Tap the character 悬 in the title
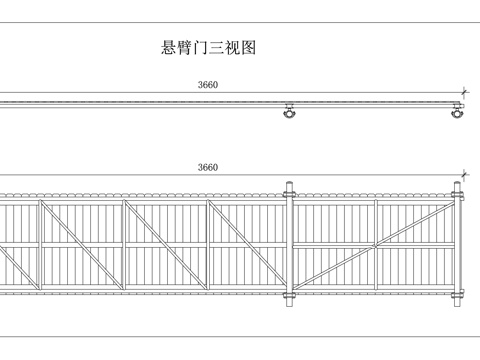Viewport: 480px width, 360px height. (x=169, y=48)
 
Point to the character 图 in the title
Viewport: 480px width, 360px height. (x=247, y=48)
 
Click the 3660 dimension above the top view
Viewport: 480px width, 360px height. (x=208, y=85)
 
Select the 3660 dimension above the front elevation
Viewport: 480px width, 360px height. (x=208, y=167)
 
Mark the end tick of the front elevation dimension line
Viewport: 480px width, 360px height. (x=464, y=176)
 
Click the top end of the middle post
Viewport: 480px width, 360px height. (x=290, y=184)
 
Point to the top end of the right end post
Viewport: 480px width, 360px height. (x=458, y=184)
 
